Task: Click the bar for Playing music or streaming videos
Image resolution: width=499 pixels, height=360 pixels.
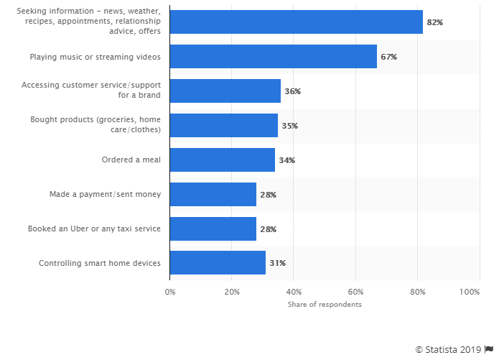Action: click(273, 57)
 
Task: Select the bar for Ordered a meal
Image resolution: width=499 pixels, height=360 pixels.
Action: click(222, 160)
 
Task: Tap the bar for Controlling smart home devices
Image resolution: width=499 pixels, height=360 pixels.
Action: click(218, 263)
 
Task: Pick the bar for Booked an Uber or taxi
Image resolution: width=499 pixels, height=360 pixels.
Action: click(213, 229)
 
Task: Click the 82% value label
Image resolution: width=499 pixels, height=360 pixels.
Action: click(434, 22)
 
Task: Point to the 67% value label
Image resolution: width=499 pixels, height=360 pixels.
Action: click(388, 57)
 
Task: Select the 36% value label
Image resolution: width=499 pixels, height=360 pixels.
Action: click(292, 91)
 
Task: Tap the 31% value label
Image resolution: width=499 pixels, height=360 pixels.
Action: click(277, 263)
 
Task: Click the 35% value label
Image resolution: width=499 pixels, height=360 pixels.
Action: click(289, 126)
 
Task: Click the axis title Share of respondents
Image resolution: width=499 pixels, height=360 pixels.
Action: click(325, 305)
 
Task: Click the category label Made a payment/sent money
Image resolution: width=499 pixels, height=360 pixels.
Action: click(105, 194)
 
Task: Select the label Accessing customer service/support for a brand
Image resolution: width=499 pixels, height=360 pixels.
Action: click(90, 90)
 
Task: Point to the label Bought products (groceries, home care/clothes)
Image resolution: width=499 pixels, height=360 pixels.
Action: click(95, 124)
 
